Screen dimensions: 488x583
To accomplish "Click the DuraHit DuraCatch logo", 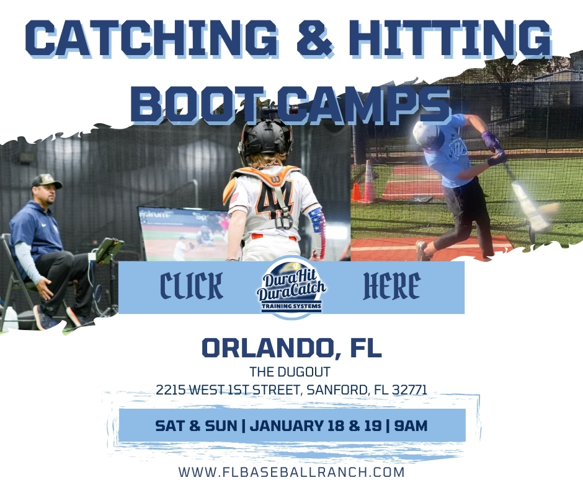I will tap(291, 288).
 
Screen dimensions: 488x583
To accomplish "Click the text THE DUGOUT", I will tap(291, 372).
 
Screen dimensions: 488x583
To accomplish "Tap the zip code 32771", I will tap(407, 391).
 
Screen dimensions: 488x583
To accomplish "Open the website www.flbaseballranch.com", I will tap(291, 472).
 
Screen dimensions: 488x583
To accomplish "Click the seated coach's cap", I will tap(47, 181).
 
